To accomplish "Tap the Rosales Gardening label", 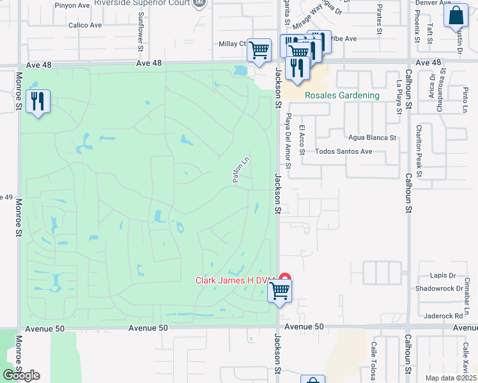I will pos(342,96).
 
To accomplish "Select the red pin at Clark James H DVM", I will pos(285,280).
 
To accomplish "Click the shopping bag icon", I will pos(456,17).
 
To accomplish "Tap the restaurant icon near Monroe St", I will pos(38,101).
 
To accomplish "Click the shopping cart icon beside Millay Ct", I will pos(259,49).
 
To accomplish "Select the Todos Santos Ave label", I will pos(344,152).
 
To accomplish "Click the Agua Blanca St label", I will pos(373,137).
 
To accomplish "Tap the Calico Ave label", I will pos(86,26).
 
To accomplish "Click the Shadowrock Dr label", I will pos(438,289).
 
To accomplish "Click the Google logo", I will pos(21,375).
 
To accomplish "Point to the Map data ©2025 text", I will pos(451,378).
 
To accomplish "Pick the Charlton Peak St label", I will pos(420,150).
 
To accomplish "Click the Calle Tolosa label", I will pos(373,361).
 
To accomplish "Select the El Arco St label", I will pos(303,139).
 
